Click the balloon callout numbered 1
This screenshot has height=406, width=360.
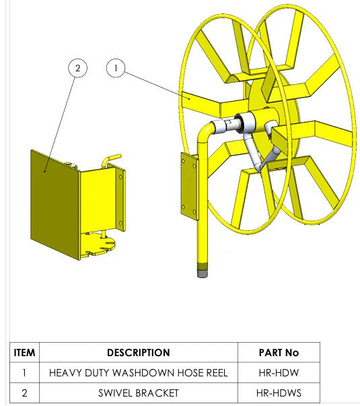(116, 68)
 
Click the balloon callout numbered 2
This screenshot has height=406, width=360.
(77, 68)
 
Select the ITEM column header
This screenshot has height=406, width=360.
(24, 353)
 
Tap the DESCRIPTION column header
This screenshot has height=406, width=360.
(139, 353)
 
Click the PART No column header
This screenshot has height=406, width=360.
(279, 353)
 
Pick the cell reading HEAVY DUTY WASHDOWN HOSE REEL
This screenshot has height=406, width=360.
(139, 373)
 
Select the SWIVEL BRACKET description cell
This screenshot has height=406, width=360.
(139, 393)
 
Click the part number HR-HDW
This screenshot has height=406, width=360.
(279, 373)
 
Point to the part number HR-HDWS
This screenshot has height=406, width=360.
(279, 393)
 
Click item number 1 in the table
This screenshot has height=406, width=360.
(24, 373)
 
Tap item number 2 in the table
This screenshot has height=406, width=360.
(24, 393)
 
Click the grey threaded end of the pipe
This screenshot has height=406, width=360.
(203, 270)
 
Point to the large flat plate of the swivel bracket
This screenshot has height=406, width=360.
(55, 205)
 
